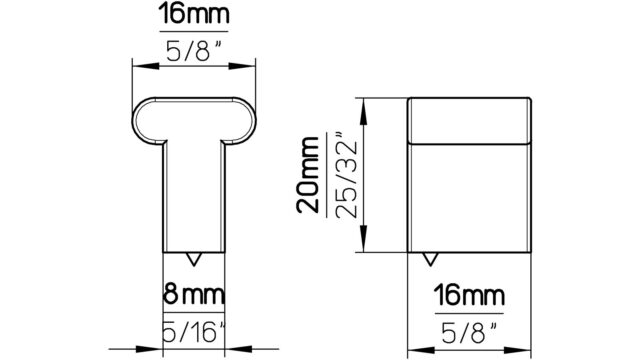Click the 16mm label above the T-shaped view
[x=194, y=13]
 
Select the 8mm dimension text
[x=194, y=294]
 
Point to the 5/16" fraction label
[x=194, y=331]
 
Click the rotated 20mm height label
[x=308, y=175]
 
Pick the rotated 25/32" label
[x=346, y=176]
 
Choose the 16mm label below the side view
[x=469, y=295]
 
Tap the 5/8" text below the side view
[x=469, y=332]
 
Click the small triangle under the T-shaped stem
[x=193, y=259]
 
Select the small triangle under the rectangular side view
[x=430, y=259]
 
